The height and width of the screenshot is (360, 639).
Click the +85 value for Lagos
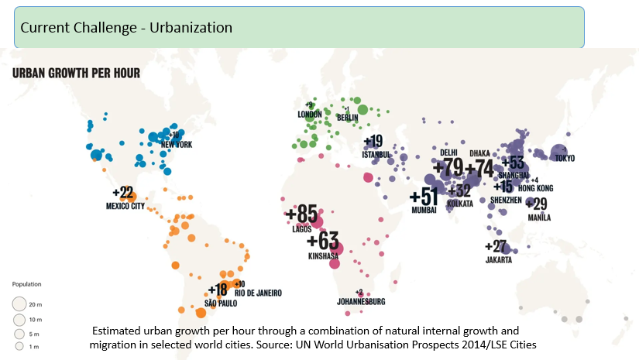(301, 213)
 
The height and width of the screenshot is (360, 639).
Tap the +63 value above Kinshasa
(323, 241)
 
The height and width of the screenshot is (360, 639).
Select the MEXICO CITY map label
(125, 206)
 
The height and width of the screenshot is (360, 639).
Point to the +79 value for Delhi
(448, 167)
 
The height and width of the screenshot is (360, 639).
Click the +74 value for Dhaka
(479, 168)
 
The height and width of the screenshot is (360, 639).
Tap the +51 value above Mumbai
(424, 197)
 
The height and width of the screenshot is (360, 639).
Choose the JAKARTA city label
(499, 260)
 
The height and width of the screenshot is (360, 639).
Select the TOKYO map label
(565, 159)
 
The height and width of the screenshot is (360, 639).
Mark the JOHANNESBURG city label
(361, 301)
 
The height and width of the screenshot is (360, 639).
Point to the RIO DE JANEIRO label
(258, 293)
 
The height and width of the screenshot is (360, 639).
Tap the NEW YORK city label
(176, 145)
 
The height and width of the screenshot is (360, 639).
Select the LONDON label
(310, 114)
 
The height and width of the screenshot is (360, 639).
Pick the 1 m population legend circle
(19, 346)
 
